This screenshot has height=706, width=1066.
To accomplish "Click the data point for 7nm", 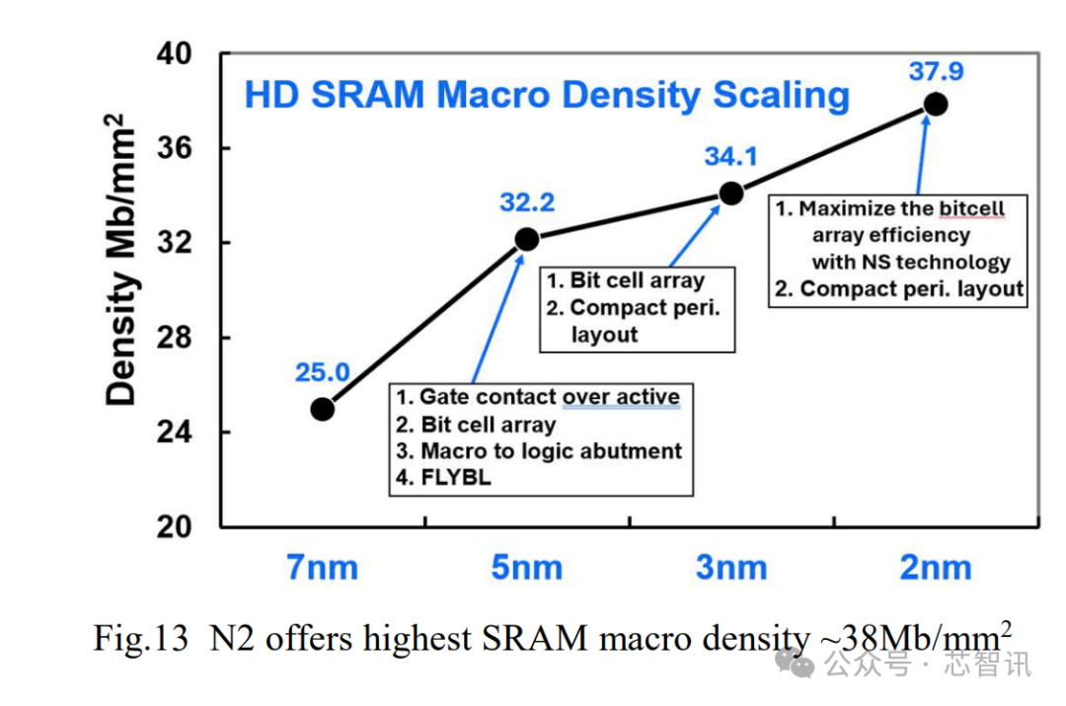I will click(323, 408).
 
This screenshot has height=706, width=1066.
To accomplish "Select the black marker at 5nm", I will click(527, 238).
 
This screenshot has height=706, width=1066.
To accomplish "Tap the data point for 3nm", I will click(731, 193).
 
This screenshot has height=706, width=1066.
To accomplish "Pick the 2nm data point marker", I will click(936, 104).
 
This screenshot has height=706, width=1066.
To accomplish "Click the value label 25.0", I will click(322, 372).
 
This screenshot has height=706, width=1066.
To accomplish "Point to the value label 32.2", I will click(527, 202).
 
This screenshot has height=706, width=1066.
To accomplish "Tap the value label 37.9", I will click(936, 71).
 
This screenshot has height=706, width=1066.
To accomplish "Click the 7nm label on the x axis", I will click(323, 568).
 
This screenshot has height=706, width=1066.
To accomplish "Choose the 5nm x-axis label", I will click(527, 568).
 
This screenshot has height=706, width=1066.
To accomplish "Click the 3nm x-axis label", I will click(731, 568).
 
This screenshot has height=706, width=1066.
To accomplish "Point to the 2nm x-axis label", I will click(936, 568).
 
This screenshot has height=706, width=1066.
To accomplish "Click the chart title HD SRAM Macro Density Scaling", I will click(547, 96).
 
